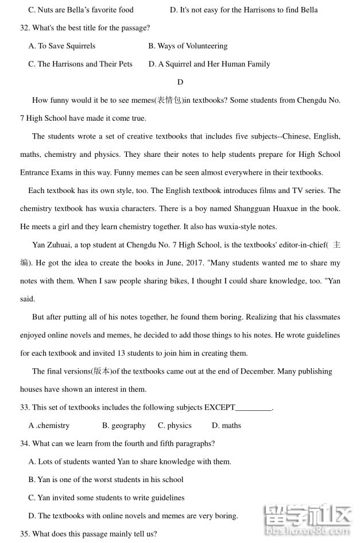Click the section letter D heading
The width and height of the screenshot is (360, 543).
coord(180,82)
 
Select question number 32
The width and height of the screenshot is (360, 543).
coord(25,28)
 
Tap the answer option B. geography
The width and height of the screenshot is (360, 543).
coord(123,426)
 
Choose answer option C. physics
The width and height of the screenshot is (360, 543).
coord(175,426)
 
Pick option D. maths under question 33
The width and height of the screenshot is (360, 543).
coord(226,426)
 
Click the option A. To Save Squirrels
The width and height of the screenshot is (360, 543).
coord(62,46)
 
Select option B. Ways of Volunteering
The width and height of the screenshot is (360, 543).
coord(188,46)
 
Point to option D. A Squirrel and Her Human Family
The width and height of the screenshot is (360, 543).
coord(209,64)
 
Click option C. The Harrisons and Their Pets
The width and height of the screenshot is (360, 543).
coord(80,64)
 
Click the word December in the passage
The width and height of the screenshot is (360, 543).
coord(258,371)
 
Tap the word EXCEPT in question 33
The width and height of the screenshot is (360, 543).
coord(219,407)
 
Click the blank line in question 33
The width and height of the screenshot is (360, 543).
coord(253,409)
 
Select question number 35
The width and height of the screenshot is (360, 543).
coord(25,534)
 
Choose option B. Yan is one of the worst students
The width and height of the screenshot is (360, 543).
coord(106,480)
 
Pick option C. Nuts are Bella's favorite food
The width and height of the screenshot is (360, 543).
coord(81,10)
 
